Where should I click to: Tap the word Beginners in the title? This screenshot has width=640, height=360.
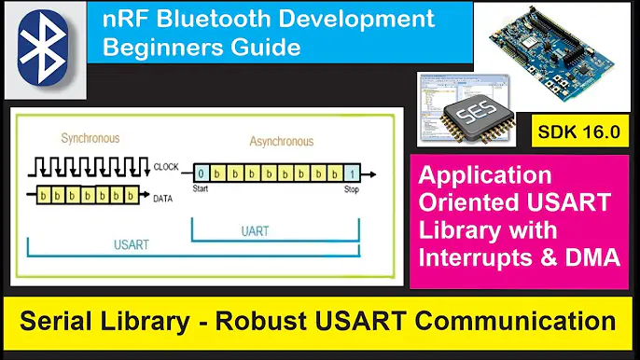(x=156, y=47)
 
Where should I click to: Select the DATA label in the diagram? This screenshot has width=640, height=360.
(x=161, y=198)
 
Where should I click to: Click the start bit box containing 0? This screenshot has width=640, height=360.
(x=201, y=173)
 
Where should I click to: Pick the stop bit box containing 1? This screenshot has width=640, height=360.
(x=352, y=173)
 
